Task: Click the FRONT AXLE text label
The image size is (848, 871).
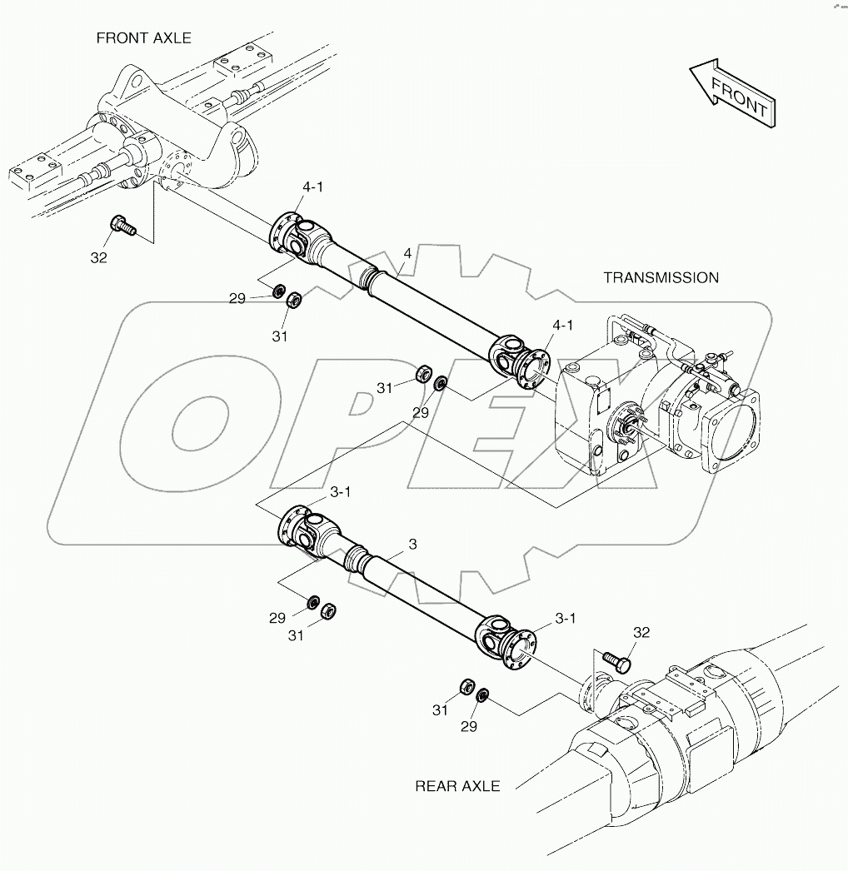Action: (143, 38)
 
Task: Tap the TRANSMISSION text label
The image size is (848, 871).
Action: (661, 277)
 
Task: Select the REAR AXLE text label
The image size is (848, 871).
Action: (457, 786)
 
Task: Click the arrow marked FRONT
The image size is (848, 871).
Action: (732, 93)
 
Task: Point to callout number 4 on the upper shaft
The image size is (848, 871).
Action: (407, 252)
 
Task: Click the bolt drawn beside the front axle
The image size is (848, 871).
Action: (122, 224)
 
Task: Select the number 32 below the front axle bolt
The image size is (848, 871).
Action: (98, 258)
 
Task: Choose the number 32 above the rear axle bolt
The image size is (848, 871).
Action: (640, 633)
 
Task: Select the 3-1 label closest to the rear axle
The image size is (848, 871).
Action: (566, 618)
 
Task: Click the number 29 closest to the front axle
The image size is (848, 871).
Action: (237, 298)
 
